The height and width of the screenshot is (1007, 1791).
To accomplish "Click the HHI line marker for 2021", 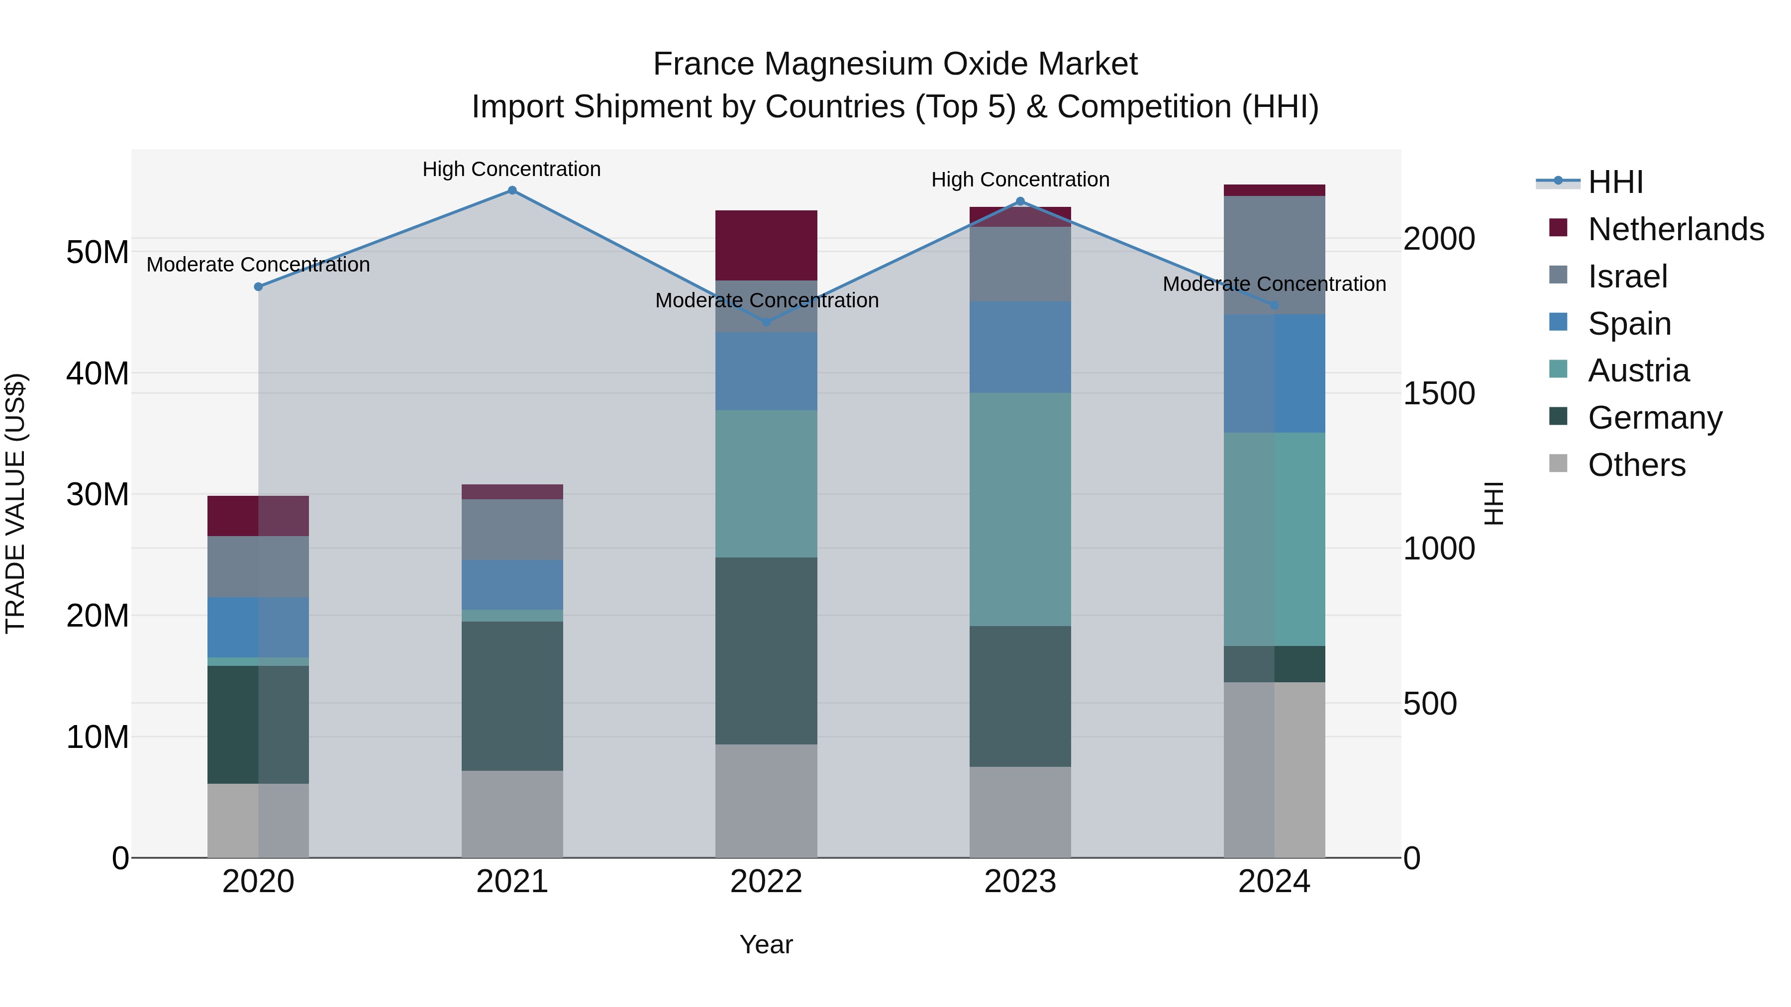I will click(x=512, y=190).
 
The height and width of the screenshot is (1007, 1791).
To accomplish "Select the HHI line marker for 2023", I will click(x=1020, y=201).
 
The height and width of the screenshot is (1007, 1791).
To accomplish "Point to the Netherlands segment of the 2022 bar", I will click(x=766, y=245).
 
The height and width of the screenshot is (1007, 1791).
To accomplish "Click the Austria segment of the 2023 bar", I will click(x=1020, y=509).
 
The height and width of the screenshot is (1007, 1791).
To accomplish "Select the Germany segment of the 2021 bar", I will click(x=512, y=696).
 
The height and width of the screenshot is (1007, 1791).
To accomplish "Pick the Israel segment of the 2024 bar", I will click(x=1274, y=255).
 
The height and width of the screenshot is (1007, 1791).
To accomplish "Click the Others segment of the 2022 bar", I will click(x=766, y=801).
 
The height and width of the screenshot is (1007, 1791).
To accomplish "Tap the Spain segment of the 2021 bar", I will click(x=512, y=584).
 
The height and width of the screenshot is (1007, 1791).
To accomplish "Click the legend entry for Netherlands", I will click(x=1676, y=229).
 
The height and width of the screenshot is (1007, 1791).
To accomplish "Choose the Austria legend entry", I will click(x=1638, y=370).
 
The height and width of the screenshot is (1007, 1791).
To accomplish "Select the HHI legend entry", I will click(x=1615, y=182).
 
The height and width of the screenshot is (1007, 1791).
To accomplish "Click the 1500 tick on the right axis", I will click(x=1438, y=393).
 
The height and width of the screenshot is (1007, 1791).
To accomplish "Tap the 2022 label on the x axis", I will click(x=766, y=882).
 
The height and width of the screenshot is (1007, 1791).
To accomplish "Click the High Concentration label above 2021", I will click(x=512, y=169).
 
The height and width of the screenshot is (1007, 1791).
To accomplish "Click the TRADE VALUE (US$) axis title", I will click(x=15, y=503).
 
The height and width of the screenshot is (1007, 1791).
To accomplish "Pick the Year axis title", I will click(x=766, y=944).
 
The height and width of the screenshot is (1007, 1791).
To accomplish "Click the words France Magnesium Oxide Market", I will click(x=895, y=64).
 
